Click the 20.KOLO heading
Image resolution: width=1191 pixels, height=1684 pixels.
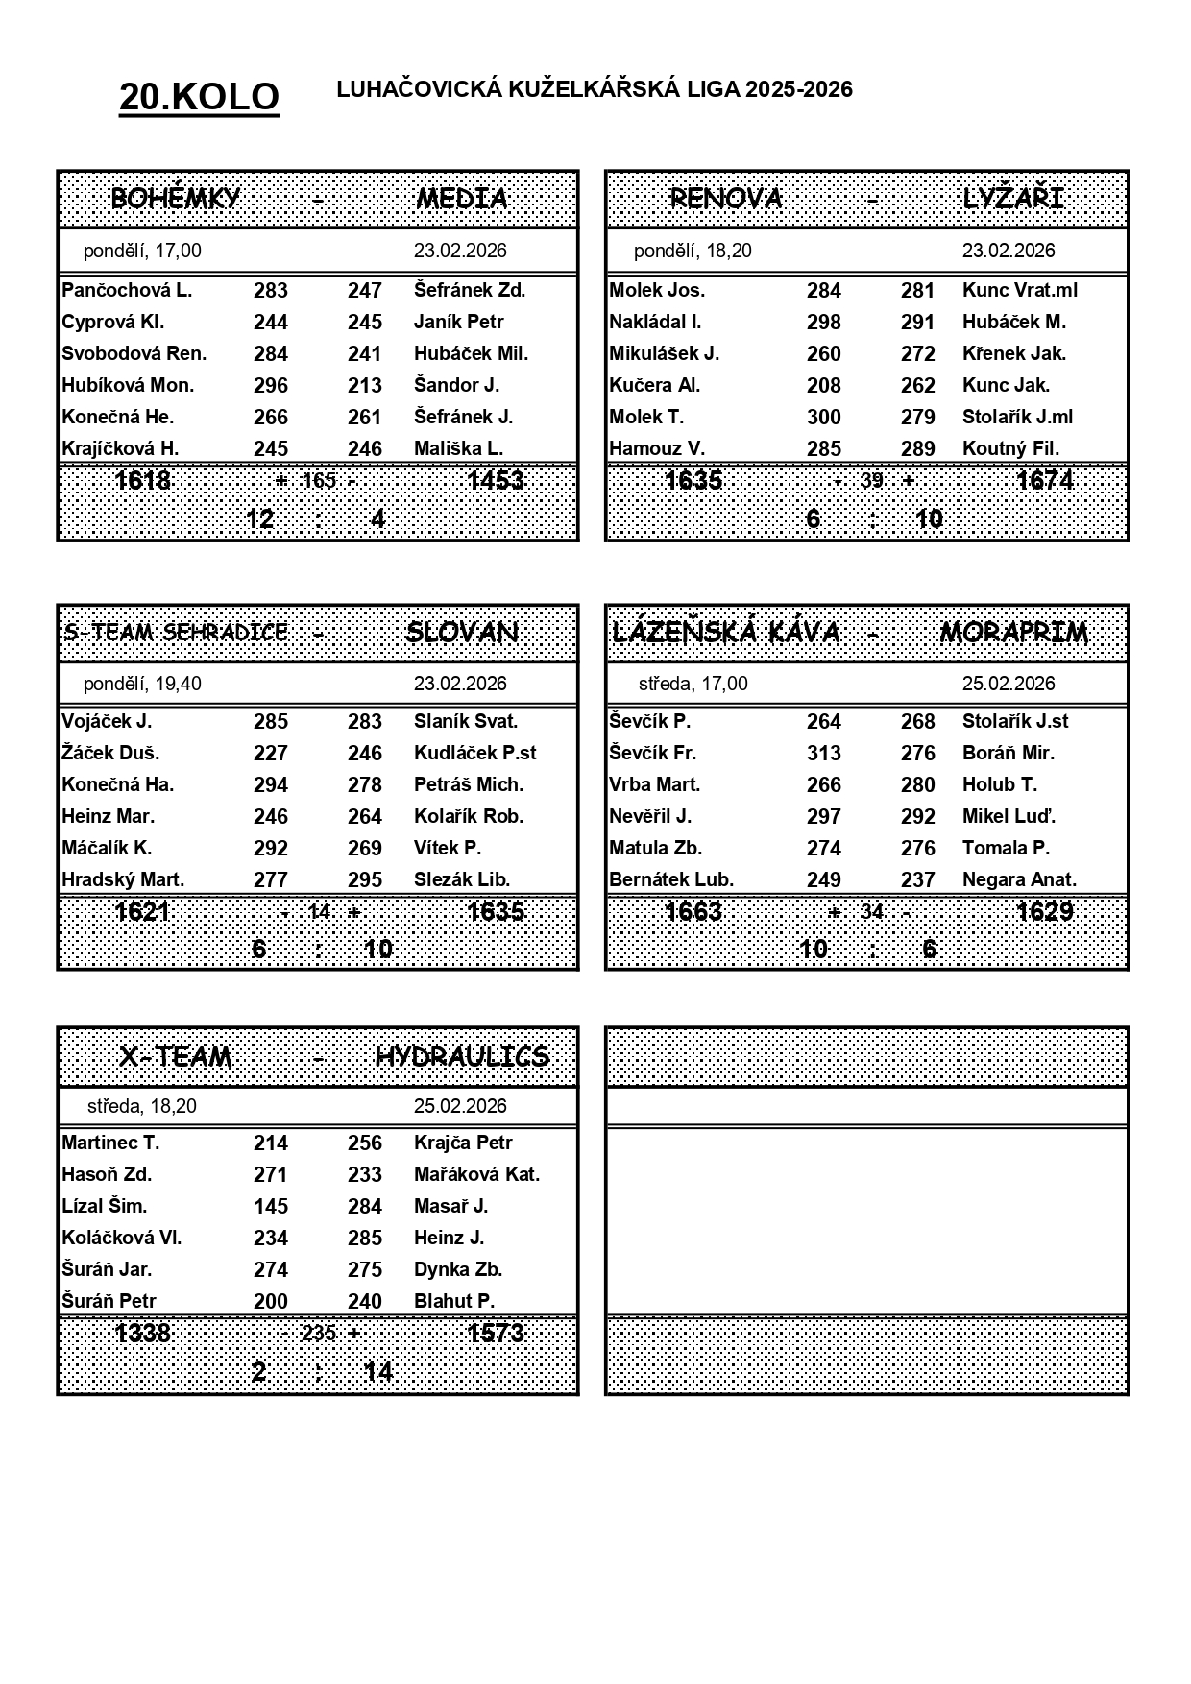199,97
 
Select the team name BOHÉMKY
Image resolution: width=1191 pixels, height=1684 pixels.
175,199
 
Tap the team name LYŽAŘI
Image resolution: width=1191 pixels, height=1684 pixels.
1012,199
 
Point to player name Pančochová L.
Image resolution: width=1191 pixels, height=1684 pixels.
127,290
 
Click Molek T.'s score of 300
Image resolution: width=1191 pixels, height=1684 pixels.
823,417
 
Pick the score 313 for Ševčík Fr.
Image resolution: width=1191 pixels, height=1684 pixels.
823,753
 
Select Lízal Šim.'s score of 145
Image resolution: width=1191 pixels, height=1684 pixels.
270,1206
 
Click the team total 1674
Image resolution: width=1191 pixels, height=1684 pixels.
1044,480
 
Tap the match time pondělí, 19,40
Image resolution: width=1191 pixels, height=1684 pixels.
142,684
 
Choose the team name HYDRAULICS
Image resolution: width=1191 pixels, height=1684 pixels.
462,1056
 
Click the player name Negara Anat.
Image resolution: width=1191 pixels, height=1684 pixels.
1019,879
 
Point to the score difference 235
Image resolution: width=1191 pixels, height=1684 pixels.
319,1333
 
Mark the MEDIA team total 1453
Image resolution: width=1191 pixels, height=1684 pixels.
495,480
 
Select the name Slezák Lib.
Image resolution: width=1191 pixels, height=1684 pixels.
462,879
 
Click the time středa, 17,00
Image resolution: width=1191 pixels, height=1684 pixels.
693,684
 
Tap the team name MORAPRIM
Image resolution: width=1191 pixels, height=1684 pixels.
1013,633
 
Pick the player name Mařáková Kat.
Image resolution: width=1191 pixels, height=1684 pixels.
476,1174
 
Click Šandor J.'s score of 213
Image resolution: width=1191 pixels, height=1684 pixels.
364,385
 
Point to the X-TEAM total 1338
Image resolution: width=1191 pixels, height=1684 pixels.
142,1333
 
